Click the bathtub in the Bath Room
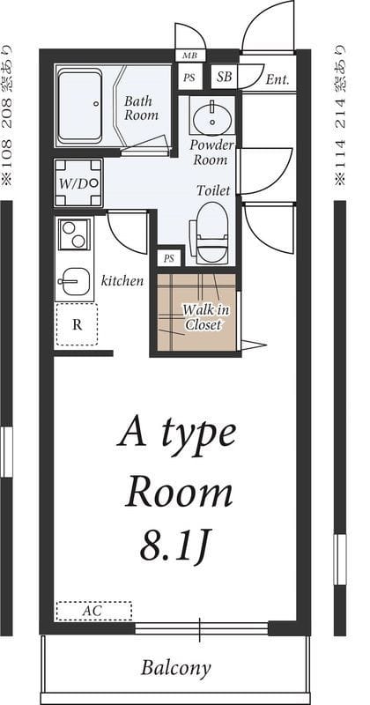pos(79,106)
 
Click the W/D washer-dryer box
pos(78,182)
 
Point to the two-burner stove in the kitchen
pos(74,234)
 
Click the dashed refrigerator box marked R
pos(77,324)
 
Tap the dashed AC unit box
pos(94,611)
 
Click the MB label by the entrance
pos(189,56)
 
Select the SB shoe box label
pos(225,77)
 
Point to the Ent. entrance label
pos(277,79)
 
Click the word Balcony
pos(175,668)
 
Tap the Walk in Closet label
pos(204,316)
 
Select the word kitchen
pos(122,281)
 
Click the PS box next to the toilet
pos(169,258)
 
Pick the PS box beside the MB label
pos(189,78)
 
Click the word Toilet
pos(212,190)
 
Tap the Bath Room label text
pos(141,108)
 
